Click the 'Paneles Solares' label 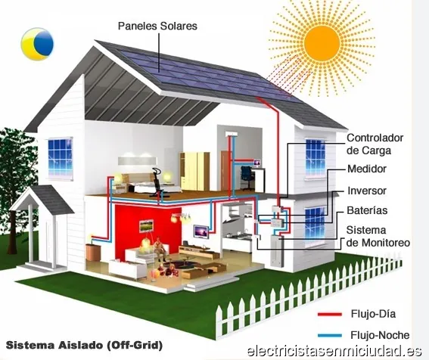[157, 26]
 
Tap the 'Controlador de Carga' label [375, 144]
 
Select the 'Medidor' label [367, 169]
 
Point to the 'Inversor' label [367, 191]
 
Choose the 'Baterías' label [367, 210]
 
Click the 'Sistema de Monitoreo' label [378, 237]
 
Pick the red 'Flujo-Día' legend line [330, 315]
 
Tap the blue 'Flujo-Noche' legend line [330, 335]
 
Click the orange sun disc [322, 43]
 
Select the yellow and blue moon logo [37, 44]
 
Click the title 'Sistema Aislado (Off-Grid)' [84, 345]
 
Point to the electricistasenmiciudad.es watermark [334, 351]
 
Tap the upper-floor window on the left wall [61, 159]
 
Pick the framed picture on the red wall [146, 226]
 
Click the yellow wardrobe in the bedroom [194, 171]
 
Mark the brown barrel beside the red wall [93, 253]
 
